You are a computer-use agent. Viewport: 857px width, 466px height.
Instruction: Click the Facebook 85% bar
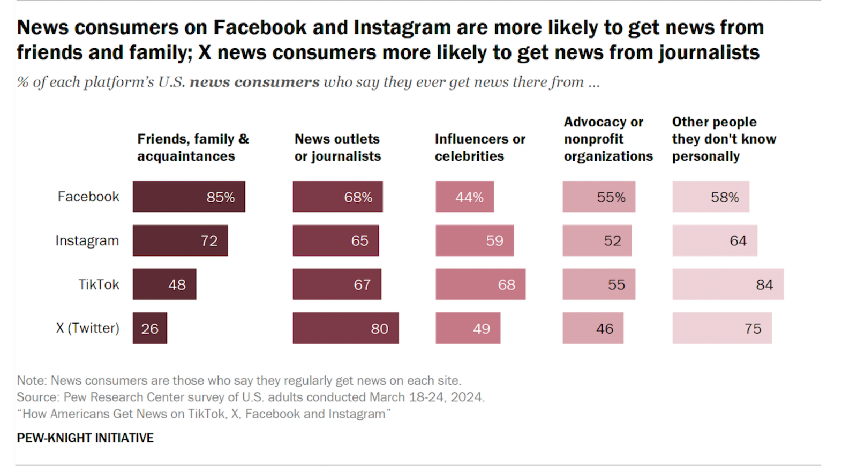tap(189, 197)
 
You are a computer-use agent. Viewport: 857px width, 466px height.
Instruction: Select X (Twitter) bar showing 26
tap(150, 328)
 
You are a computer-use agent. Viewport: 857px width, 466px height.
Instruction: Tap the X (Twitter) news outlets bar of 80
tap(345, 328)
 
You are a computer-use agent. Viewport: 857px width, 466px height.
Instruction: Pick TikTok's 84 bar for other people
tap(728, 284)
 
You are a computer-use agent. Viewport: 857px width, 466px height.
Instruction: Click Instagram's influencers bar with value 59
tap(475, 240)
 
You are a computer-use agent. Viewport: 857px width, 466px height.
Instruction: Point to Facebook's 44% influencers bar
tap(464, 197)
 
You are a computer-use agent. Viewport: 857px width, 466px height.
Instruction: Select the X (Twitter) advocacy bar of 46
tap(593, 328)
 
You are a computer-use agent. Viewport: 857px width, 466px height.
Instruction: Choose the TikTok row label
tap(99, 284)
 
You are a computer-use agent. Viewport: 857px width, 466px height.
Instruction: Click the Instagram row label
tap(87, 240)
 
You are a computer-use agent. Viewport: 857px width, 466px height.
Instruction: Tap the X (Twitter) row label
tap(88, 328)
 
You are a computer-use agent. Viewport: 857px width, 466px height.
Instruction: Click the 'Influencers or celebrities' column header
tap(480, 147)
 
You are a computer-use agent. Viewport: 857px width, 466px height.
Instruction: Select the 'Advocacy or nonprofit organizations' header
tap(608, 139)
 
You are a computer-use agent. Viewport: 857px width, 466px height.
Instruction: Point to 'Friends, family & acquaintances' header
tap(193, 147)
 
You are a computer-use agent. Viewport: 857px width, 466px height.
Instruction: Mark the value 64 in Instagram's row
tap(738, 241)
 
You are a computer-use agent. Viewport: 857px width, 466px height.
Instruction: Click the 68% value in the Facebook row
tap(358, 197)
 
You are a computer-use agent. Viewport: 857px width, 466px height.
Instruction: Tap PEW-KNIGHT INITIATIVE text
tap(85, 438)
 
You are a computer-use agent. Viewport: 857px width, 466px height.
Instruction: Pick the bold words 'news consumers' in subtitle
tap(254, 82)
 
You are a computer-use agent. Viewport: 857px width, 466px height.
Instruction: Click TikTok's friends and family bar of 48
tap(164, 284)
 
